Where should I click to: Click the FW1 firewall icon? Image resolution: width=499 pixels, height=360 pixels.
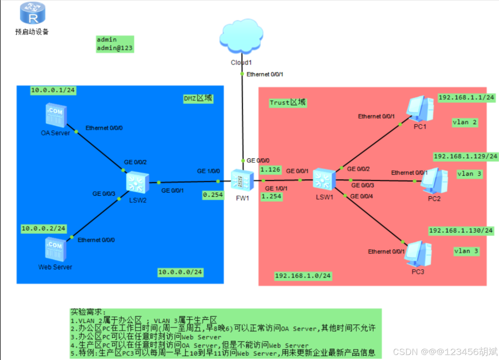coord(242,180)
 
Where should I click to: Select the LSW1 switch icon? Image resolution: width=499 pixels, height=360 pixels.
coord(324,179)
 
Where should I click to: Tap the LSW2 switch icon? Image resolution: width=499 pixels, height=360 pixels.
coord(138,182)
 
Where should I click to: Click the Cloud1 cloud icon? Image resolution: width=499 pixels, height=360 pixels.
coord(241,36)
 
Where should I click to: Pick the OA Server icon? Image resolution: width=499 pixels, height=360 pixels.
coord(56,115)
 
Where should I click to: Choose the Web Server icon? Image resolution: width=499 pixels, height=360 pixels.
coord(55,249)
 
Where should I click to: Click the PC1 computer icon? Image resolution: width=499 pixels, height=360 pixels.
coord(421,109)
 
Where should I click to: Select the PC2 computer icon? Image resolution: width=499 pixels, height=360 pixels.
coord(434,181)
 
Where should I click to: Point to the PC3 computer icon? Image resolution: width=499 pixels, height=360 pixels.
coord(419,254)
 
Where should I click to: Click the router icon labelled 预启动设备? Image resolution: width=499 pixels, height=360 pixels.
coord(33,13)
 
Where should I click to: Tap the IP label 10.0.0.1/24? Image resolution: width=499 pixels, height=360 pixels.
coord(53,90)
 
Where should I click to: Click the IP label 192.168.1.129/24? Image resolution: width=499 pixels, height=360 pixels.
coord(465,156)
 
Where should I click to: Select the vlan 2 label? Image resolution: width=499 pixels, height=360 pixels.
coord(464,122)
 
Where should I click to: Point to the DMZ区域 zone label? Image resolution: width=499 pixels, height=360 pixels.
coord(198,98)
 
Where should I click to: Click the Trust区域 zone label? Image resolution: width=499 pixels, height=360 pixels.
coord(288,103)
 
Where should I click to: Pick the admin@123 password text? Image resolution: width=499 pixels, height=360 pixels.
coord(115,48)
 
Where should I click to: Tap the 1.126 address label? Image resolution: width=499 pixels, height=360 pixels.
coord(270,169)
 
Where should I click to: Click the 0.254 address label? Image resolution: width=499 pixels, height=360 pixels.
coord(213,195)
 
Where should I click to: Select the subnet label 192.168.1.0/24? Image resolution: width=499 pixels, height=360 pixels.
coord(303,276)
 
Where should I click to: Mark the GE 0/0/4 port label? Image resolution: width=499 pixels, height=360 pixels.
coord(361,196)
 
